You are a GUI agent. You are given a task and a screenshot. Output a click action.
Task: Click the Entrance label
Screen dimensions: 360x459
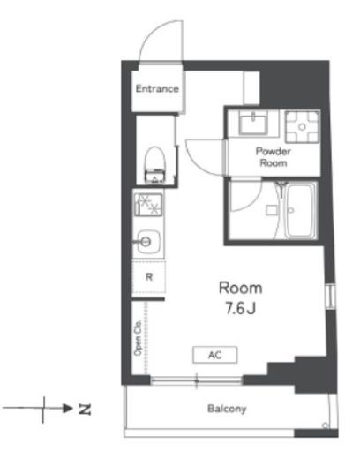pyautogui.click(x=157, y=88)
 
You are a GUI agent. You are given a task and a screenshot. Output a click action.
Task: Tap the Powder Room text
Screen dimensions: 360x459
pyautogui.click(x=273, y=157)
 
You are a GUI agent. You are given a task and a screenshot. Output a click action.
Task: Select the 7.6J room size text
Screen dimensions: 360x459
pyautogui.click(x=240, y=309)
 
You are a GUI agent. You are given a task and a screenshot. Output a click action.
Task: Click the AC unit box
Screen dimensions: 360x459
pyautogui.click(x=215, y=355)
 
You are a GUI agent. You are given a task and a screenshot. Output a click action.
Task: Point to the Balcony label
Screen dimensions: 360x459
pyautogui.click(x=227, y=409)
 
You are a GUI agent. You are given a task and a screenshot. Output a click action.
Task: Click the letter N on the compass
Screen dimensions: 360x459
pyautogui.click(x=85, y=409)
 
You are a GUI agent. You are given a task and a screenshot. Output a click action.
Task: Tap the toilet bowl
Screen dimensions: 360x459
pyautogui.click(x=154, y=165)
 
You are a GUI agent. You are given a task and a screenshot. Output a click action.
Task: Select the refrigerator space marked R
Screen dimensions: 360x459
pyautogui.click(x=149, y=276)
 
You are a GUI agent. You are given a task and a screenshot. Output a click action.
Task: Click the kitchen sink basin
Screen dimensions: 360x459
pyautogui.click(x=149, y=242)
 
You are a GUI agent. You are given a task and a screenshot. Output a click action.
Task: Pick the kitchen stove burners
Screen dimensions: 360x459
pyautogui.click(x=148, y=205)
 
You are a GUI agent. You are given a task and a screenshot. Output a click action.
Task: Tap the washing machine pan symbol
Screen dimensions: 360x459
pyautogui.click(x=303, y=127)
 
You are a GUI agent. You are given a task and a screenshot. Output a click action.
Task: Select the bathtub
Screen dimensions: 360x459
pyautogui.click(x=301, y=210)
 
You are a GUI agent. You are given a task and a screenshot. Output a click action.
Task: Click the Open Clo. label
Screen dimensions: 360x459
pyautogui.click(x=138, y=338)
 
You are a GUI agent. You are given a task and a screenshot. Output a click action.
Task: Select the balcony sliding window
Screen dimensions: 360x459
pyautogui.click(x=197, y=380)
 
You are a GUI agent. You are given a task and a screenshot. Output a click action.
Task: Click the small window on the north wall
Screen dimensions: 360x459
pyautogui.click(x=331, y=296)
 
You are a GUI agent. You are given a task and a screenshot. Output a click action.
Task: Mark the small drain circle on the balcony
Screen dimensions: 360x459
pyautogui.click(x=325, y=425)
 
